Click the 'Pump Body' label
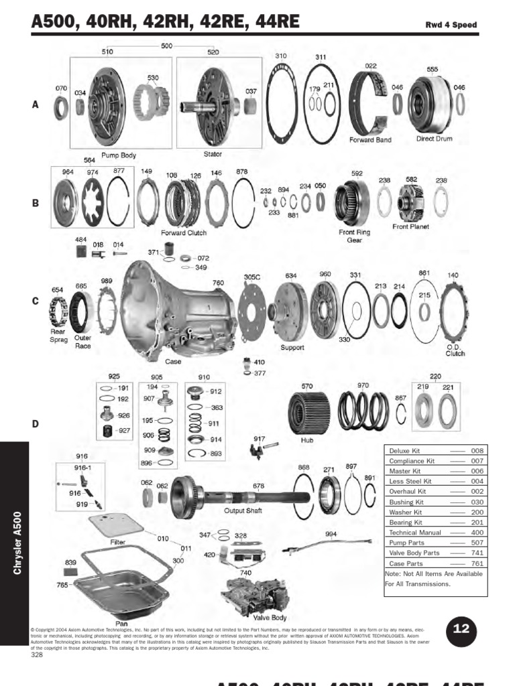118,155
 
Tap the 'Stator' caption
213,154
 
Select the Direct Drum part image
431,105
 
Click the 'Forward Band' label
370,140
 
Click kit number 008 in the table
477,451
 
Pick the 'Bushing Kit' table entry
406,502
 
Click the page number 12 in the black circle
461,629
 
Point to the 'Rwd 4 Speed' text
451,25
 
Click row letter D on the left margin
36,423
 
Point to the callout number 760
218,283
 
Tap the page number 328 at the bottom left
37,655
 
